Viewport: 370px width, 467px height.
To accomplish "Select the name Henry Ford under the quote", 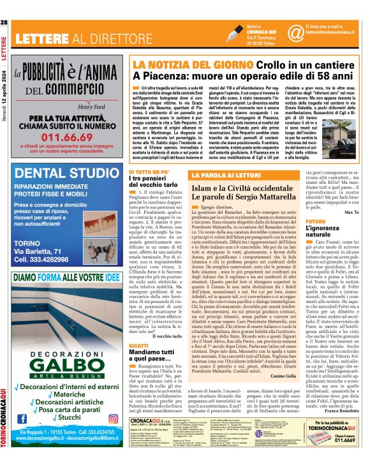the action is coord(94,107).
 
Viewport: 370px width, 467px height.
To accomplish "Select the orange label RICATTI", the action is coord(138,345).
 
